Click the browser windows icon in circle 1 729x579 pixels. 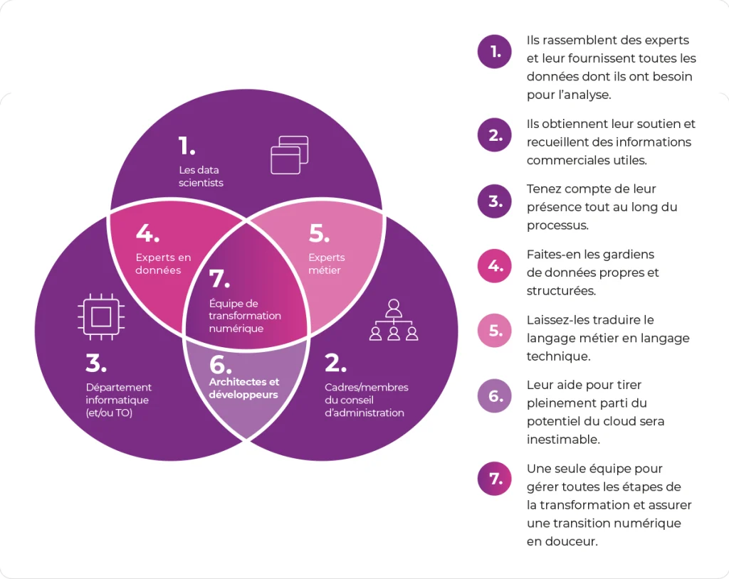coord(289,154)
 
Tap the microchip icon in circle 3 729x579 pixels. coord(100,314)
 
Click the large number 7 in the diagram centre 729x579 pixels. coord(219,279)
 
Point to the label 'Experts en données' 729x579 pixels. coord(163,264)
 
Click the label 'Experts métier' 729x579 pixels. coord(327,264)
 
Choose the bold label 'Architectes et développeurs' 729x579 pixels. coord(243,388)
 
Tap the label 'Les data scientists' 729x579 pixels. coord(201,176)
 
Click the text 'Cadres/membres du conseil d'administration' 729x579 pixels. coord(366,400)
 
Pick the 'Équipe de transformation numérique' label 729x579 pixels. coord(244,316)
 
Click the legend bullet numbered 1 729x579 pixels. coord(495,51)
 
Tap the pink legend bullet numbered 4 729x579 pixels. coord(495,266)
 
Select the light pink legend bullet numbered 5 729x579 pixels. coord(495,331)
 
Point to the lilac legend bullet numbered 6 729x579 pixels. coord(495,396)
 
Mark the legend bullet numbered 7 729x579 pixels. coord(495,479)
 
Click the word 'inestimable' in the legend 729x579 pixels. coord(563,440)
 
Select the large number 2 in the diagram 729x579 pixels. coord(335,363)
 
